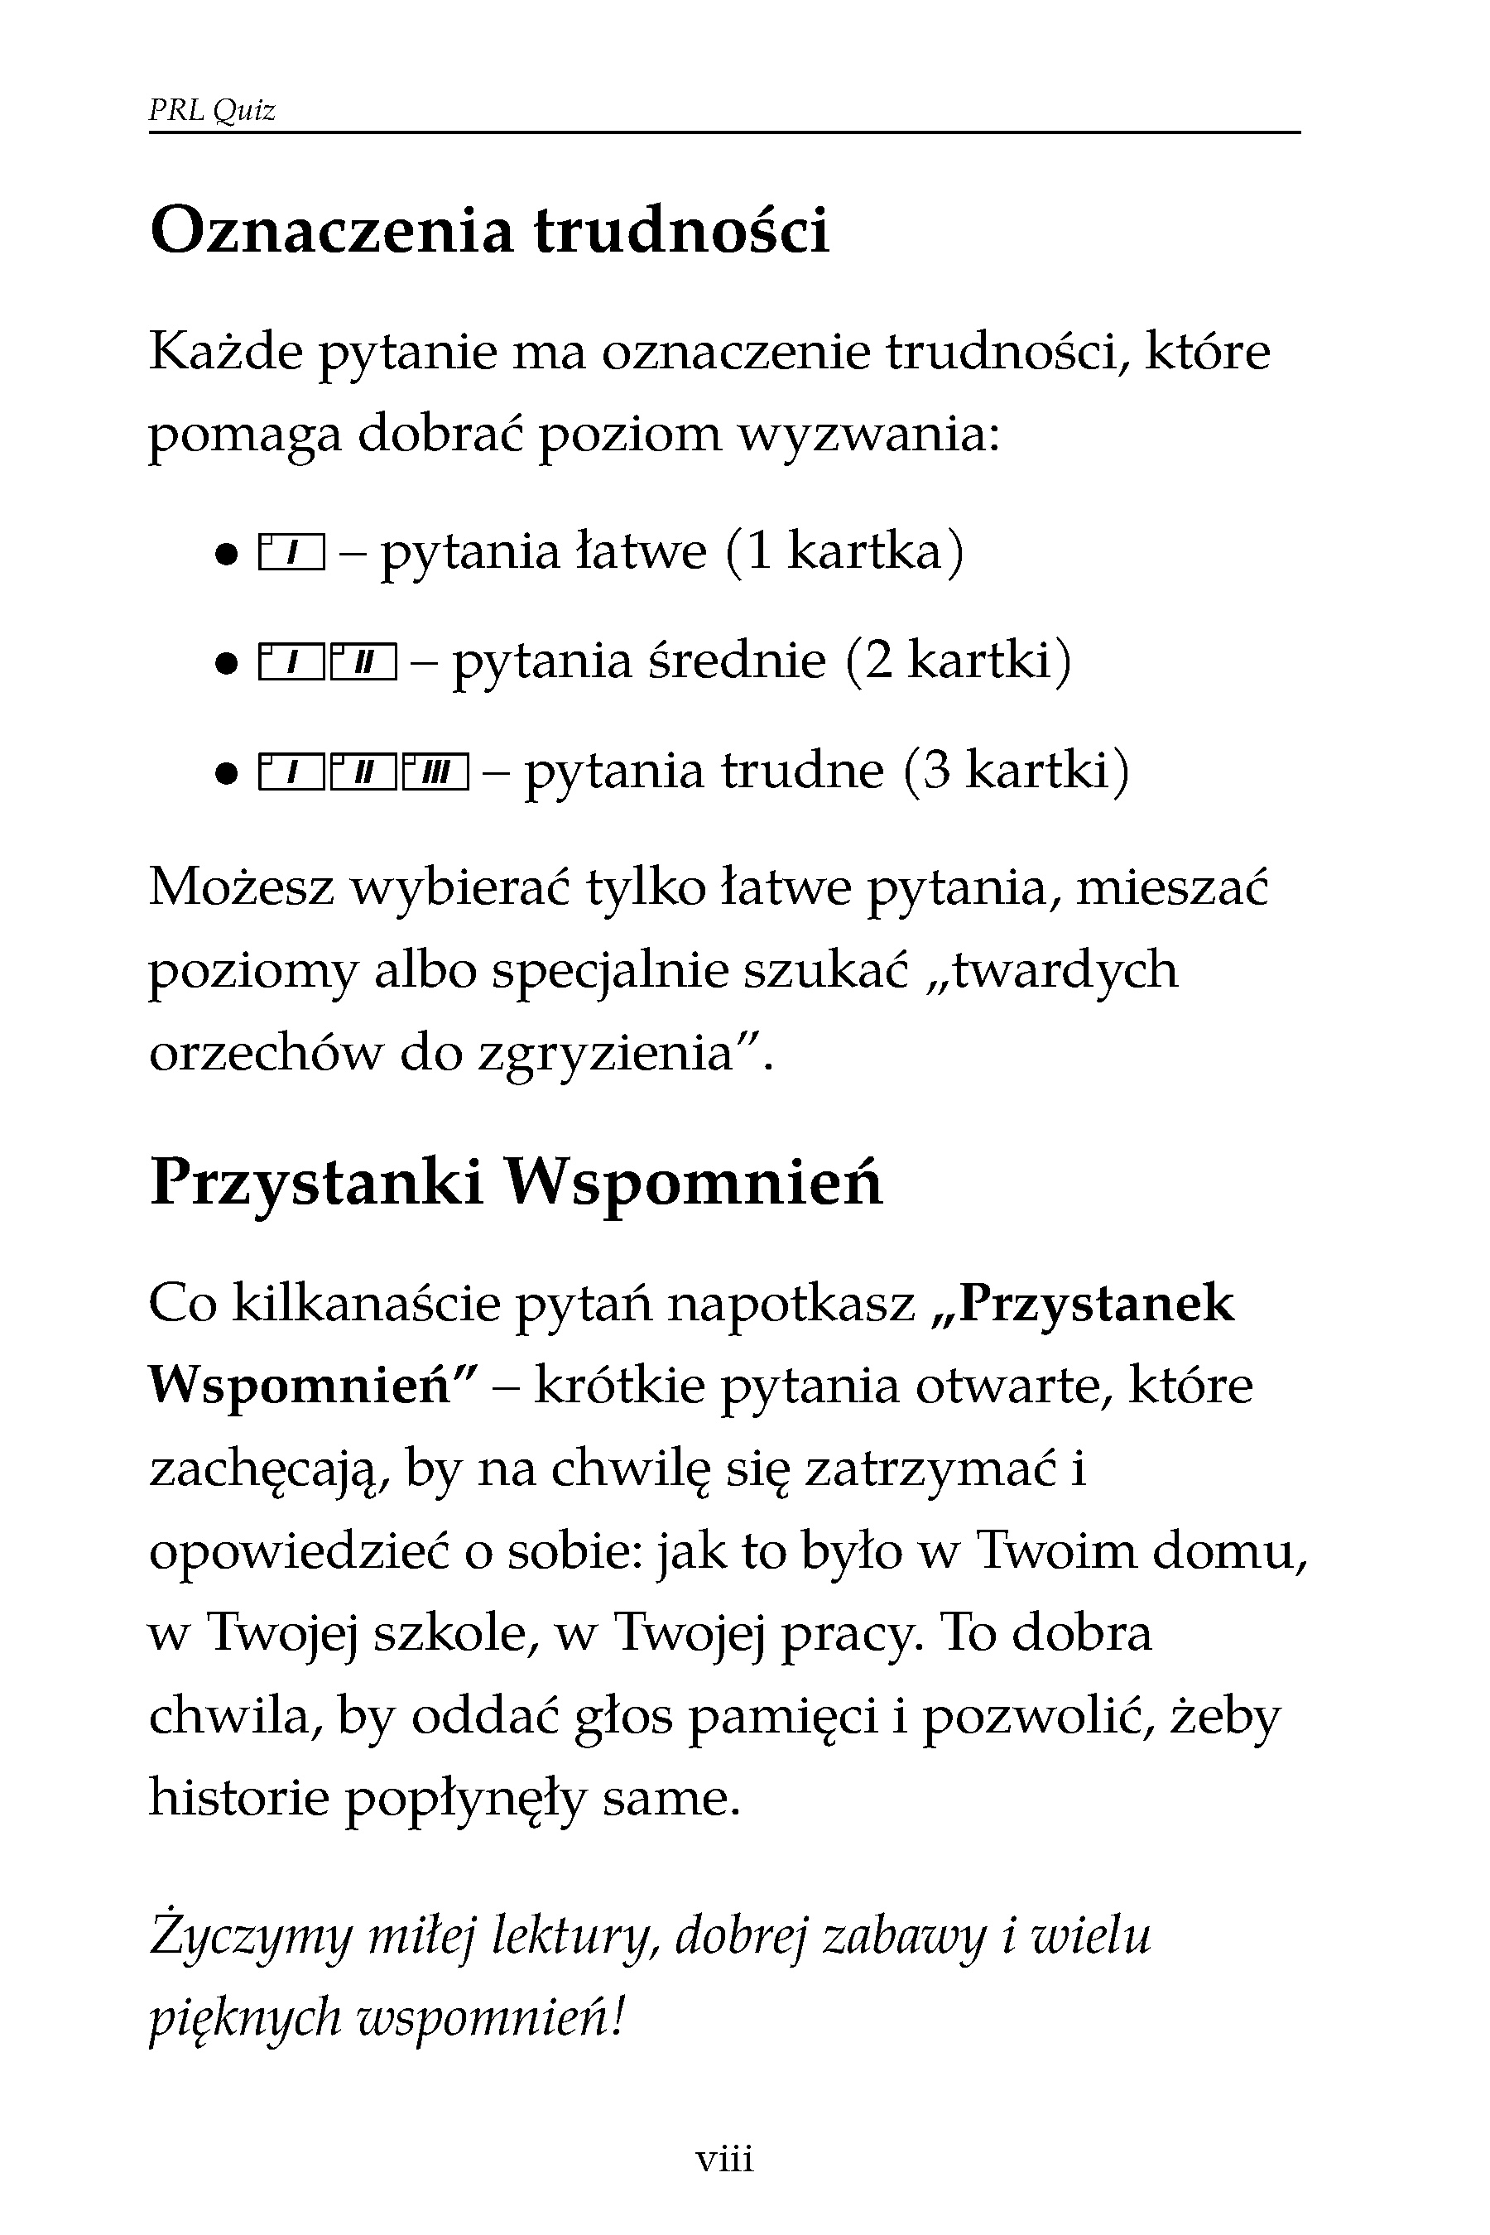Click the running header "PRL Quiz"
tap(212, 111)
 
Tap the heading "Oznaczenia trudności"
tap(489, 231)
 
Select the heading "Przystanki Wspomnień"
tap(516, 1183)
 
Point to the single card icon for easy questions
tap(291, 553)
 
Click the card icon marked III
tap(436, 771)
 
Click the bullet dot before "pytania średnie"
tap(225, 664)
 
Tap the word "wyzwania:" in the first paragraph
tap(869, 435)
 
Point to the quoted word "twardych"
tap(1064, 970)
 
